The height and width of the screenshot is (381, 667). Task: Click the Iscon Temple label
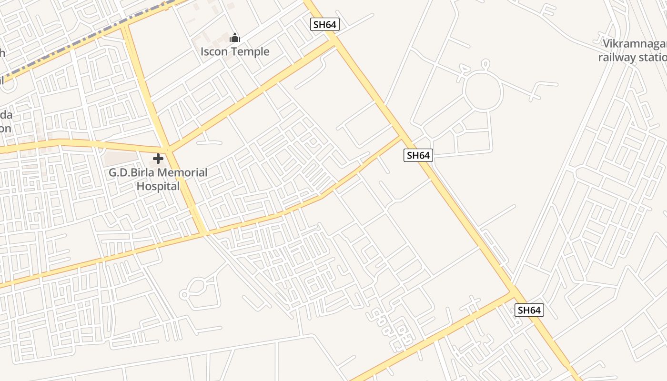pyautogui.click(x=235, y=51)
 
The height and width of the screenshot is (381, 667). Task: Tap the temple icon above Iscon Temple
pyautogui.click(x=235, y=38)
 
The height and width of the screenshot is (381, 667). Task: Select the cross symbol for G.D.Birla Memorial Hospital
pyautogui.click(x=158, y=159)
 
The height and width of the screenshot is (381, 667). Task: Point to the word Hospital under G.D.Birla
pyautogui.click(x=158, y=186)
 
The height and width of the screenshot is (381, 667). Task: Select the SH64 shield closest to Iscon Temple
pyautogui.click(x=324, y=24)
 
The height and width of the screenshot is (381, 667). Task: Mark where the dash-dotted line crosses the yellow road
pyautogui.click(x=125, y=24)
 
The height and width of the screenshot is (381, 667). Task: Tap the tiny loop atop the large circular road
pyautogui.click(x=485, y=63)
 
